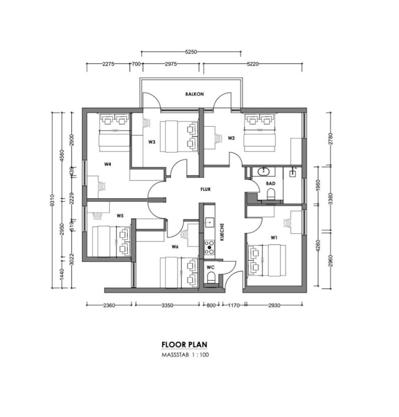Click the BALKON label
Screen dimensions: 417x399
[194, 94]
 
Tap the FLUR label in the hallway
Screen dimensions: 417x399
[205, 190]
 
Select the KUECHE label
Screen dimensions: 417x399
[222, 232]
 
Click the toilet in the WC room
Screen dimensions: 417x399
[211, 278]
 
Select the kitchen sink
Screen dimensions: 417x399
[210, 223]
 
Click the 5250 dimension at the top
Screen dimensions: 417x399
[191, 51]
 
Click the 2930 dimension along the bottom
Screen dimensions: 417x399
[274, 306]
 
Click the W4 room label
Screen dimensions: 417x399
[108, 164]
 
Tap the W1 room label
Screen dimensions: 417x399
[275, 237]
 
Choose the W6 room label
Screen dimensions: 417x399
[175, 246]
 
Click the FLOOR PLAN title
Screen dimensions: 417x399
[184, 345]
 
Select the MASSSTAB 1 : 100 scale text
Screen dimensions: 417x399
[185, 355]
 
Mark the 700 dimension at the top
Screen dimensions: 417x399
[136, 64]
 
